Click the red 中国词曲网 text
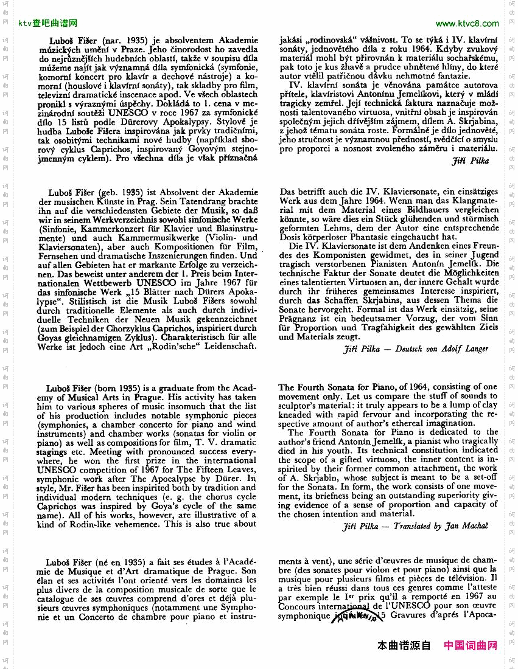pos(471,645)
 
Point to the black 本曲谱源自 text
pos(404,645)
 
